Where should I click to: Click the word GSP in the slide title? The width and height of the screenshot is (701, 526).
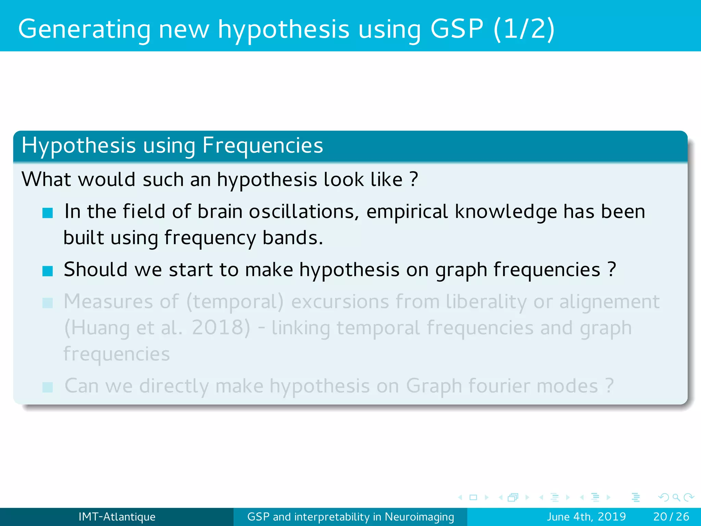(x=456, y=29)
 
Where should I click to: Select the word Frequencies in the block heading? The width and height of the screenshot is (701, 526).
(x=263, y=146)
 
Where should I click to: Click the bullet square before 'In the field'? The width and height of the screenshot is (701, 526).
(x=48, y=213)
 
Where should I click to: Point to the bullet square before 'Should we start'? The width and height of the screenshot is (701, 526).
(x=48, y=271)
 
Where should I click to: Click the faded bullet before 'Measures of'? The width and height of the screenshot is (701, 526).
(x=48, y=303)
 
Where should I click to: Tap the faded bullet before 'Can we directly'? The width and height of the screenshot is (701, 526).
(x=48, y=387)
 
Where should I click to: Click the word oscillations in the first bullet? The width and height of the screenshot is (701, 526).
(x=304, y=212)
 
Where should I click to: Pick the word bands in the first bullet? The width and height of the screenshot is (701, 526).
(x=292, y=238)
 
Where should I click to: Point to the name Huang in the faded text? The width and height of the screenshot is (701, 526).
(x=101, y=328)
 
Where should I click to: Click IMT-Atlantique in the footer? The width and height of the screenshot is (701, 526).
(x=117, y=517)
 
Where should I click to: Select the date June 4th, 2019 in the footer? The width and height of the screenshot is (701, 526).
(x=586, y=517)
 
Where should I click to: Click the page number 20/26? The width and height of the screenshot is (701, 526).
(x=671, y=517)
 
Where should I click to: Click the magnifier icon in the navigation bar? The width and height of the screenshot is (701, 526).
(x=676, y=497)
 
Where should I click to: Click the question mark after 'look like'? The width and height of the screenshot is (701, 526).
(x=414, y=179)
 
